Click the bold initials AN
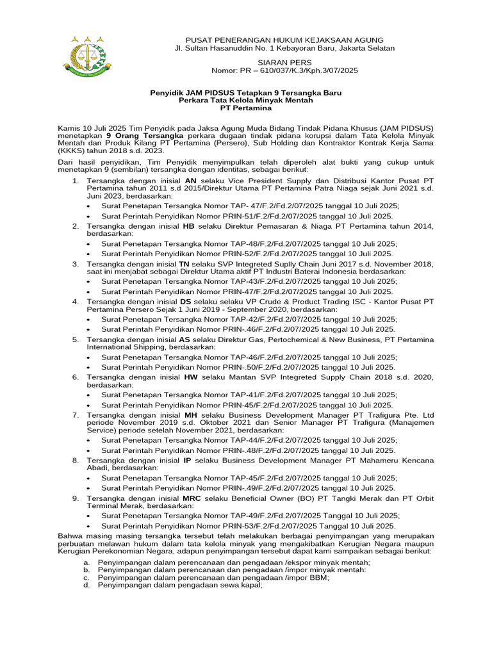190,181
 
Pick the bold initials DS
185,301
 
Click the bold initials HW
190,377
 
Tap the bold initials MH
190,415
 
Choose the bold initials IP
188,461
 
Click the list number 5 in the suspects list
75,340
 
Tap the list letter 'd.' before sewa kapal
86,585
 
